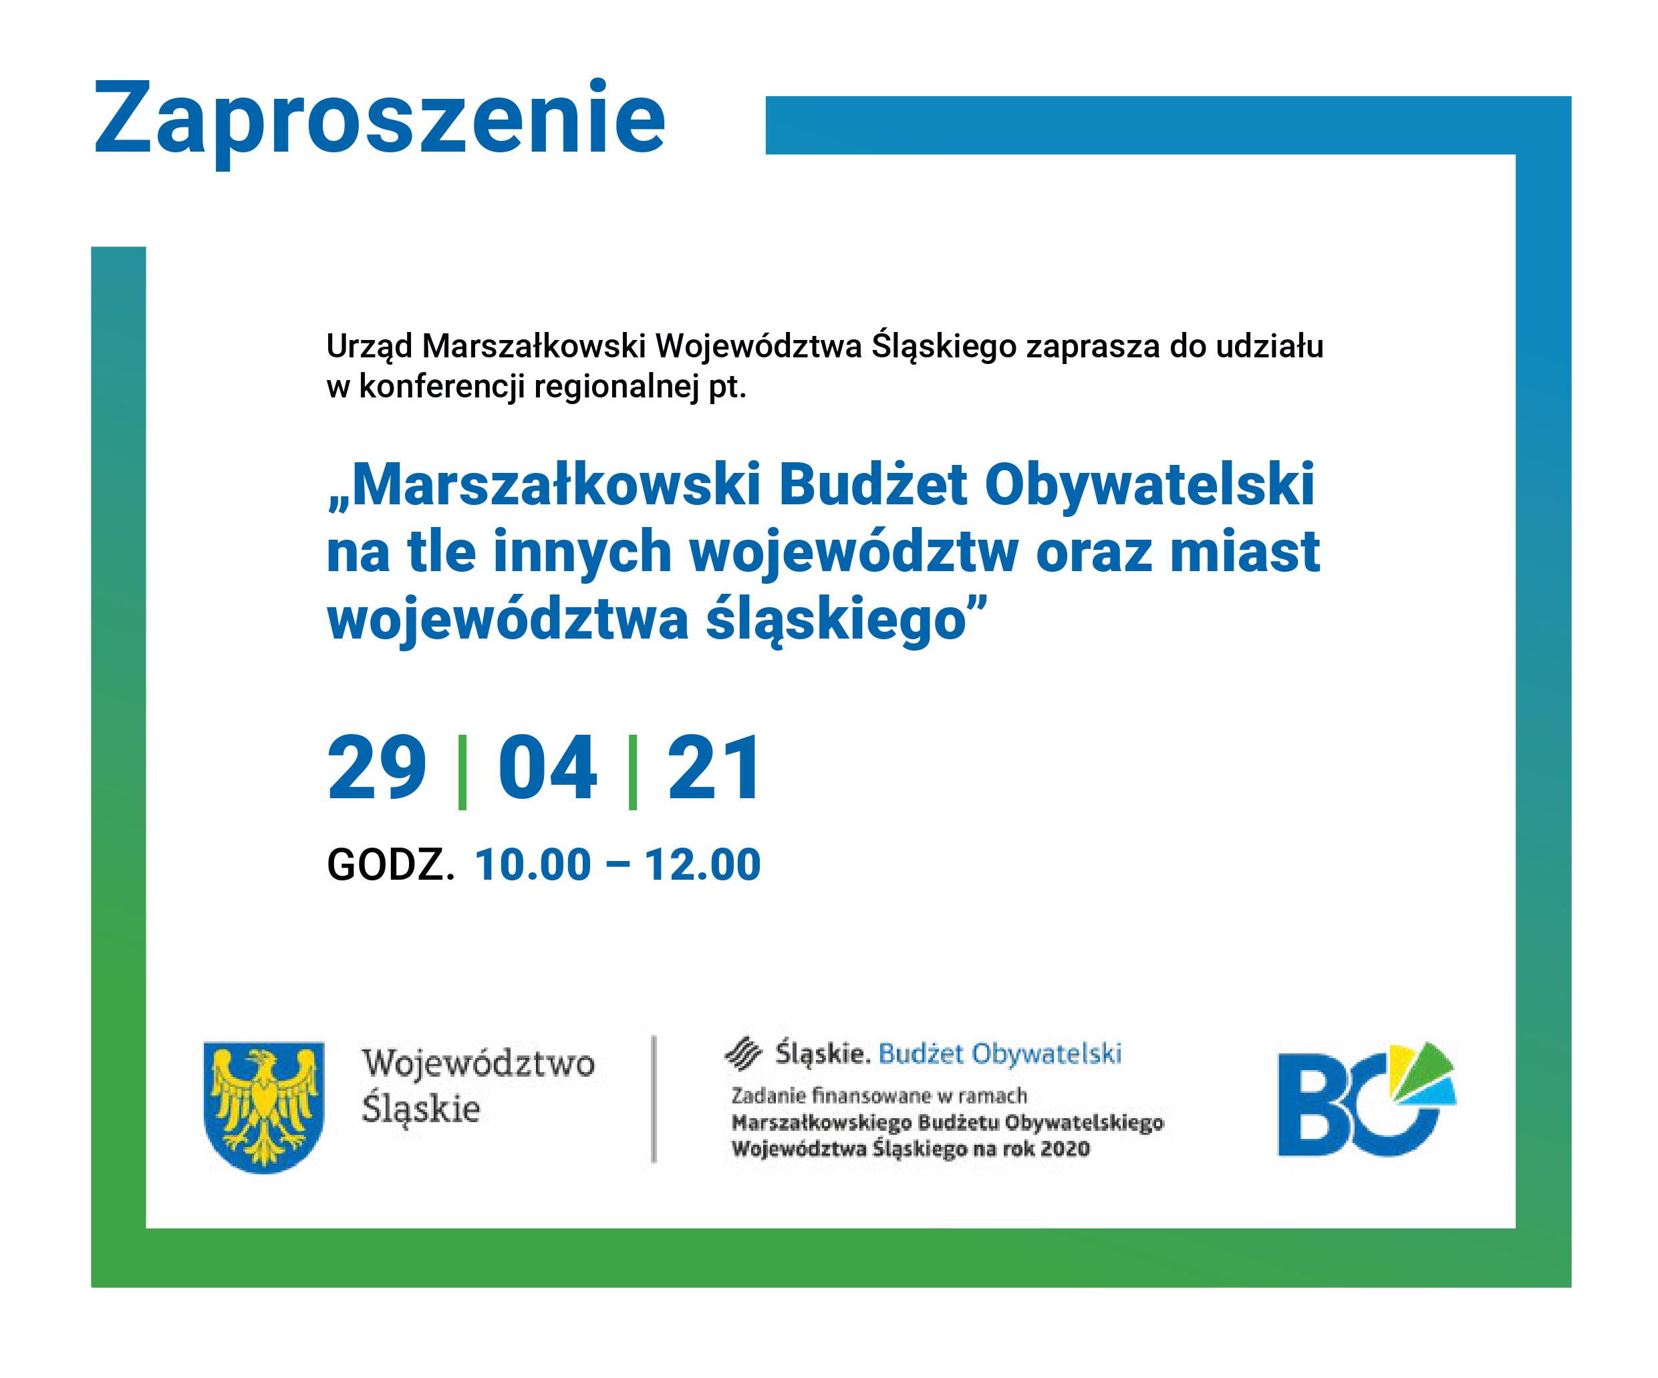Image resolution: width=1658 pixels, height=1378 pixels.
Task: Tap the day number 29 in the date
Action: pyautogui.click(x=377, y=768)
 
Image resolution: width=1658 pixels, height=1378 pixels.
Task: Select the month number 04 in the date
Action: pyautogui.click(x=547, y=768)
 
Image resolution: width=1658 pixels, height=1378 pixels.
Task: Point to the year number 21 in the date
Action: pyautogui.click(x=714, y=768)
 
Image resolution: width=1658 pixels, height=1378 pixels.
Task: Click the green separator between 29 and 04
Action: pyautogui.click(x=462, y=772)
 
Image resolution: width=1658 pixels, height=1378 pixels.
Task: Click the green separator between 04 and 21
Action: pyautogui.click(x=632, y=772)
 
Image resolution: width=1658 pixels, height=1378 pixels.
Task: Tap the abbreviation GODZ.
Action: pyautogui.click(x=391, y=865)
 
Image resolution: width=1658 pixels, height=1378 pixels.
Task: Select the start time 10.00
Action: pyautogui.click(x=533, y=865)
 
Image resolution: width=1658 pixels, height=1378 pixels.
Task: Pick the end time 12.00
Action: pyautogui.click(x=702, y=865)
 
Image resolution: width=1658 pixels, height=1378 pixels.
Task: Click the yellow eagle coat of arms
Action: pyautogui.click(x=264, y=1105)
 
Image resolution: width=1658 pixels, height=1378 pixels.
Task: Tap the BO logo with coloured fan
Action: pyautogui.click(x=1367, y=1100)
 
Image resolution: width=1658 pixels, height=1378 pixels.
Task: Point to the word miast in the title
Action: pyautogui.click(x=1245, y=552)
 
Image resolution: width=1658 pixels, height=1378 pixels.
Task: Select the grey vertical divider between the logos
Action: pyautogui.click(x=654, y=1099)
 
